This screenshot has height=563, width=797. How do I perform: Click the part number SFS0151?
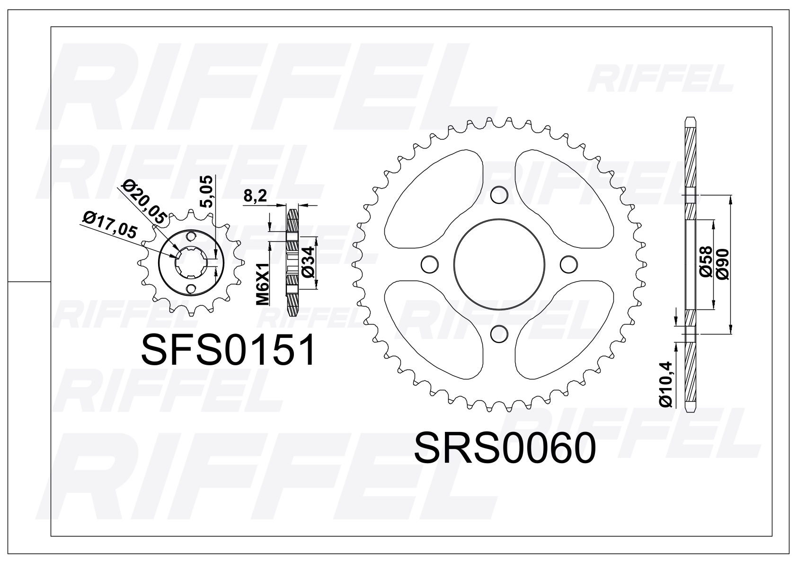coord(228,350)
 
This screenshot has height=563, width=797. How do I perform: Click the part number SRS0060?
coord(505,448)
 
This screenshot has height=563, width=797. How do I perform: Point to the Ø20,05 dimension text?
coord(144,201)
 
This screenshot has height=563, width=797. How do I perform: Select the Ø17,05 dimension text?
coord(109,224)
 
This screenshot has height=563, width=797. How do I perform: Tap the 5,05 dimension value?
coord(207,192)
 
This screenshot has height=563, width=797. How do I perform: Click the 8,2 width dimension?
coord(255,195)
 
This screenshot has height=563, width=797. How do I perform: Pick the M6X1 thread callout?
coord(263,284)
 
